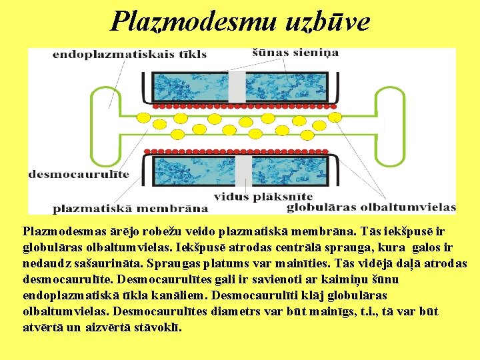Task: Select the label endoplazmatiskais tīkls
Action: pos(129,54)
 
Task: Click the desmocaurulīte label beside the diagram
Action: pos(79,175)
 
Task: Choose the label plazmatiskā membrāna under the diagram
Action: pos(130,208)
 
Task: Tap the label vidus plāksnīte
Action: pos(263,197)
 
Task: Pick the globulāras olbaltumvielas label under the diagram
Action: pos(371,207)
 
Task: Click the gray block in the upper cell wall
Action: pos(237,87)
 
